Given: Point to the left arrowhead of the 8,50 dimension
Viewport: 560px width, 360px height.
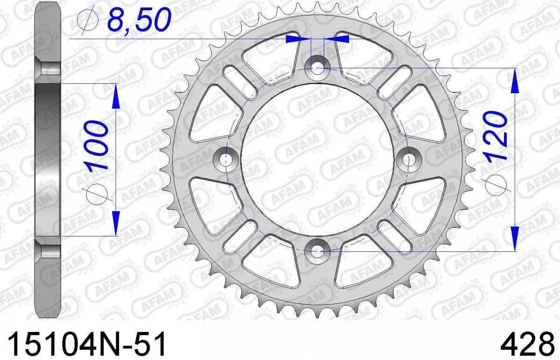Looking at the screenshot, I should coord(298,39).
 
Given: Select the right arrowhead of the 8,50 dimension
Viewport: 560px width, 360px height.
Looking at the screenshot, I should coord(337,39).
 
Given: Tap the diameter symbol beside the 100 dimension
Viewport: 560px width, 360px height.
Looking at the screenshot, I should coord(95,192).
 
